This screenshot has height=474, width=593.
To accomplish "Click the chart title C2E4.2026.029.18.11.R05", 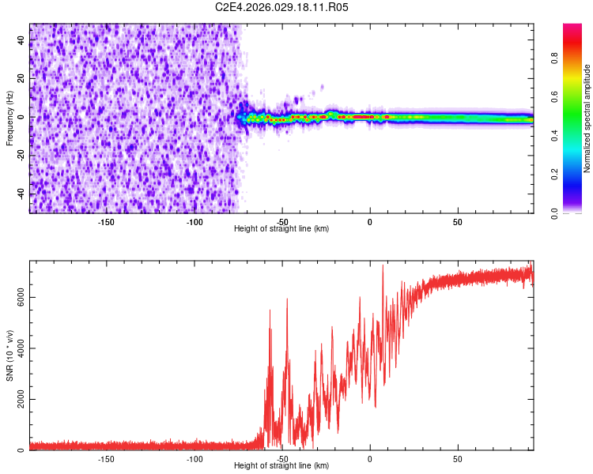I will pos(282,7).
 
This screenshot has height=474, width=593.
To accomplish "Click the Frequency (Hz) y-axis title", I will pos(9,118).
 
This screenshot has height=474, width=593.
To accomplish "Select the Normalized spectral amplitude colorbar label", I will pos(587,118).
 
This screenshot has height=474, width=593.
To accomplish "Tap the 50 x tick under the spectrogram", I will pos(458,221).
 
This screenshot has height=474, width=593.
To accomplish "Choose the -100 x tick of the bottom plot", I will pos(195,458).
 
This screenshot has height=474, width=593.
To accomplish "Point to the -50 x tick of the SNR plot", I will pos(282,458).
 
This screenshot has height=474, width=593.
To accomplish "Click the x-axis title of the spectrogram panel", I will pos(282,228).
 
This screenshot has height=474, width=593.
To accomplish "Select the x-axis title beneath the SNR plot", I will pos(282,466).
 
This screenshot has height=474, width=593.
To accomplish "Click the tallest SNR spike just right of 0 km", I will pos(383,266).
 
